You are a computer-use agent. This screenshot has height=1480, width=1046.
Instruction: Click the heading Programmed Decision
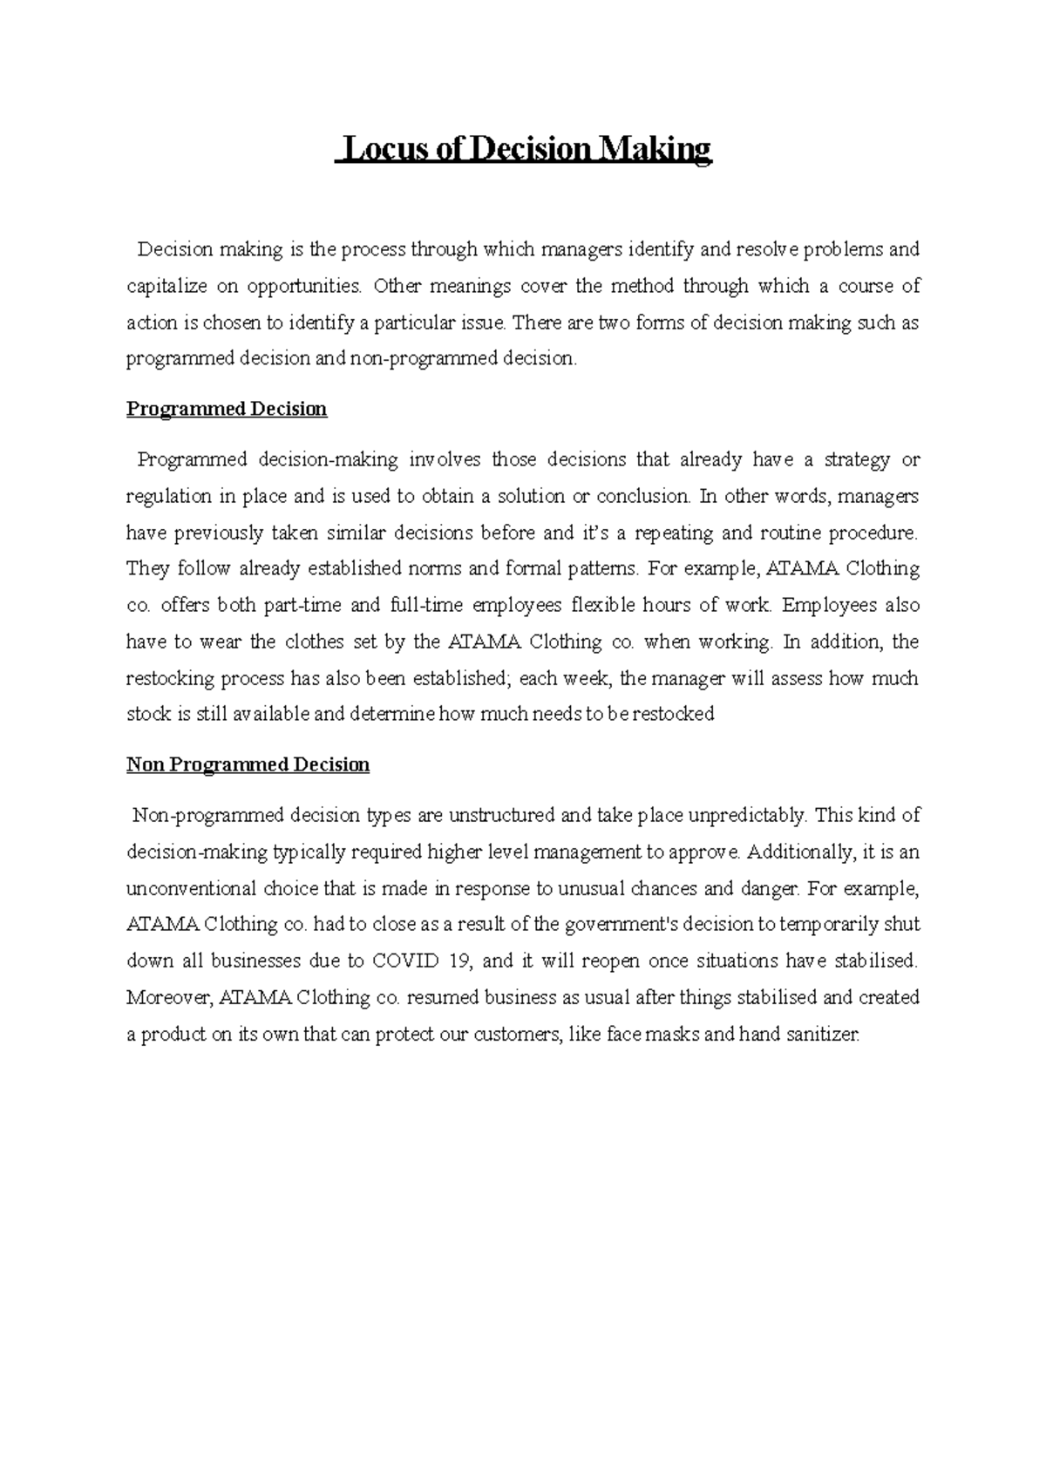227,409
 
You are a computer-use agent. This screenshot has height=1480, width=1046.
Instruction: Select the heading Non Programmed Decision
248,764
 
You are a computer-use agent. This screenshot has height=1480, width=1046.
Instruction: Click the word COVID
407,961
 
